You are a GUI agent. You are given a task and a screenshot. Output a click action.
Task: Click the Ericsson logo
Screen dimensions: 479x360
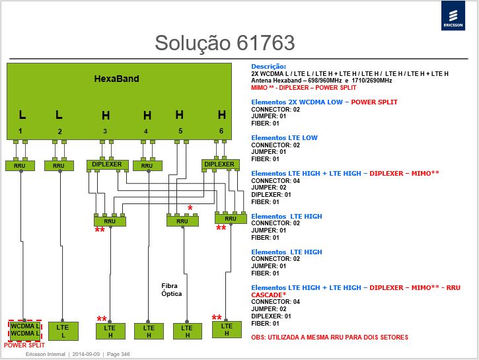click(453, 16)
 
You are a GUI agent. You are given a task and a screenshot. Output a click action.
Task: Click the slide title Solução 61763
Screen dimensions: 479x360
click(225, 43)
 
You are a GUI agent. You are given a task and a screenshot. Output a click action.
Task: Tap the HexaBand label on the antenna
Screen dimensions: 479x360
click(116, 79)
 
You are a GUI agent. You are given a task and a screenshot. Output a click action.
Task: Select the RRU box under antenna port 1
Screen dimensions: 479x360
click(20, 166)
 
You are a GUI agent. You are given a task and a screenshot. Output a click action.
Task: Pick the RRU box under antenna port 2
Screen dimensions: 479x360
click(59, 166)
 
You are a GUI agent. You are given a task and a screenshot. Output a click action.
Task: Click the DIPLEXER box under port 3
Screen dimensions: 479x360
click(107, 164)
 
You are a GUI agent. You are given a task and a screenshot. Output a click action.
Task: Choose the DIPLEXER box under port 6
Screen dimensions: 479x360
click(219, 164)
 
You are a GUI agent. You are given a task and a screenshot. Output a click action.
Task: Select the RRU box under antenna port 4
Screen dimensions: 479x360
click(147, 166)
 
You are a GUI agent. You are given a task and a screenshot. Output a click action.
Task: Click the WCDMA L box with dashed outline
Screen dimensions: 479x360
click(24, 330)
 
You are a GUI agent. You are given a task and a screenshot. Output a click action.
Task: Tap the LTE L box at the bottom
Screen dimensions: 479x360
click(63, 331)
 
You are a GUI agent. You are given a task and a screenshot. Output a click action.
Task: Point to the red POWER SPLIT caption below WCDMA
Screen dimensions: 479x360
click(24, 345)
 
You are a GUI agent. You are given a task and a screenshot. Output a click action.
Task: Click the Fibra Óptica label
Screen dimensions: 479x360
click(171, 290)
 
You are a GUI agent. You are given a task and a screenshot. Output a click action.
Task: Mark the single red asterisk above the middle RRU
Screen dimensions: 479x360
click(190, 208)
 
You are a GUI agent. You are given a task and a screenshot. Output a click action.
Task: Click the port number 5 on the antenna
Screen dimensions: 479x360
click(180, 131)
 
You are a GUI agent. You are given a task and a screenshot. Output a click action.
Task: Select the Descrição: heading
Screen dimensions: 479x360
click(268, 66)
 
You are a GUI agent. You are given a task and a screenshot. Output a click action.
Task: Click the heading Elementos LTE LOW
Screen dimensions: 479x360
click(284, 137)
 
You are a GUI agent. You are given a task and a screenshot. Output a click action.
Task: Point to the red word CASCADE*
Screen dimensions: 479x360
click(269, 295)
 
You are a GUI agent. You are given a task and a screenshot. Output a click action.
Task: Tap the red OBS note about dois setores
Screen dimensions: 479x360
click(330, 338)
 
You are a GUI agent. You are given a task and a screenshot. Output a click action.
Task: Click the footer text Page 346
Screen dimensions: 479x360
click(118, 354)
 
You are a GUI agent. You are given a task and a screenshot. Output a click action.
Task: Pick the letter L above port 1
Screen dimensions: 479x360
click(22, 115)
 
